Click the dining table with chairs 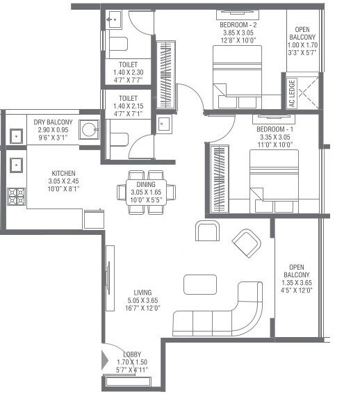(146, 187)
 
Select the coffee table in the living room (199, 285)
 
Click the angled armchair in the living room (247, 242)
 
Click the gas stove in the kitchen (15, 195)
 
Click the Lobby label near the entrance (133, 354)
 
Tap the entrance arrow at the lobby (106, 360)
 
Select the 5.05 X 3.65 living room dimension (145, 300)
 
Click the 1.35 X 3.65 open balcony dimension (297, 283)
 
